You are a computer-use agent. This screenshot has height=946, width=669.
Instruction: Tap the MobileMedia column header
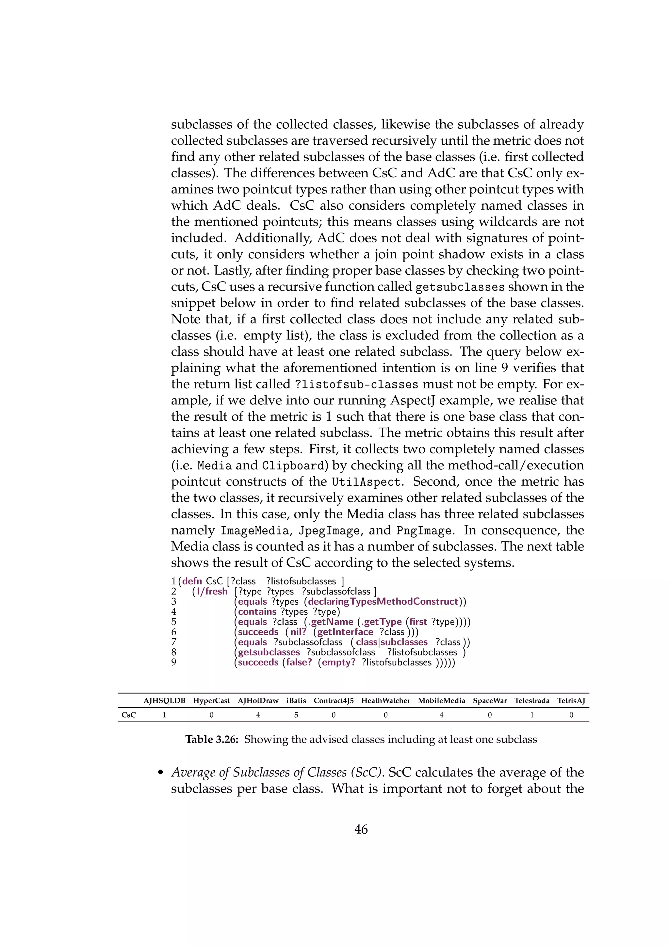click(441, 700)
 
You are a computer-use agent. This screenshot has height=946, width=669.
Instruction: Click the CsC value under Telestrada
click(532, 715)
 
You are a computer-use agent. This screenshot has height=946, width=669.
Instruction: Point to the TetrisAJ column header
click(571, 700)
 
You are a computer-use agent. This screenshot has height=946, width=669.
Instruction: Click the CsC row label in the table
click(128, 715)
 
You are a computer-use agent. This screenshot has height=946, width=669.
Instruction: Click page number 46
click(361, 829)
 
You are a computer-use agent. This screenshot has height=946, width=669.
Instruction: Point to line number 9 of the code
click(174, 662)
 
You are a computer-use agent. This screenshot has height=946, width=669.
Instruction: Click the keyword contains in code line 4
click(257, 612)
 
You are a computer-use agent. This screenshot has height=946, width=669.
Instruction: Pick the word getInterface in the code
click(345, 632)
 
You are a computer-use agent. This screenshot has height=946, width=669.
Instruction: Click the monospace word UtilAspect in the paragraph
click(366, 482)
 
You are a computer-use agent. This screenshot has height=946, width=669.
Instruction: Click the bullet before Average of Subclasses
click(161, 773)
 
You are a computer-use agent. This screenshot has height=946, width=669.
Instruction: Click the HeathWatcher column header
click(385, 700)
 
